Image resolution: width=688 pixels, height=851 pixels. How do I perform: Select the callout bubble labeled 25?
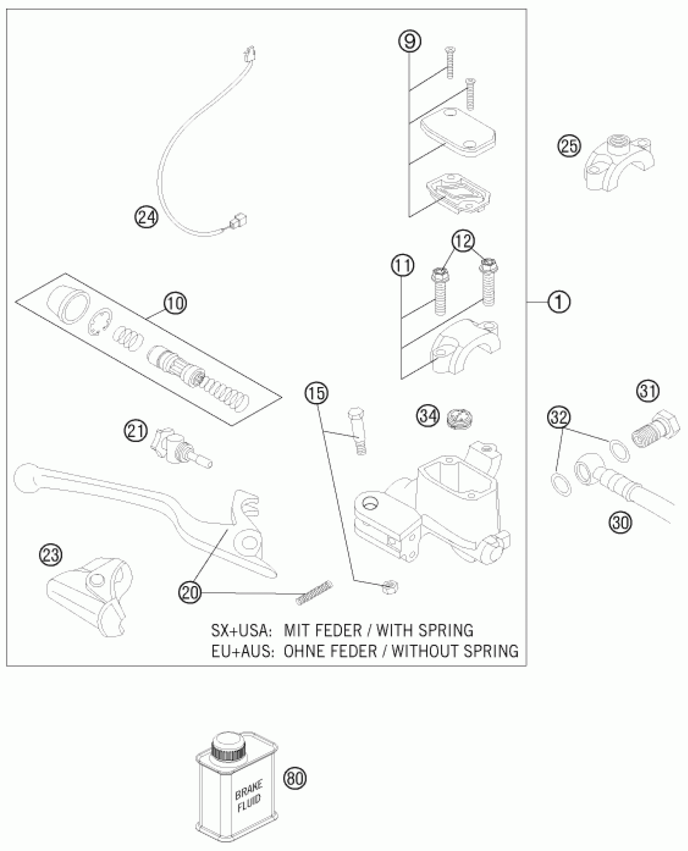pyautogui.click(x=569, y=146)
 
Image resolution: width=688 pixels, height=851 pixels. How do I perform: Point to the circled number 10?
pyautogui.click(x=175, y=303)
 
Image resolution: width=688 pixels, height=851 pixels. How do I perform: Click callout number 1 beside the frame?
pyautogui.click(x=559, y=302)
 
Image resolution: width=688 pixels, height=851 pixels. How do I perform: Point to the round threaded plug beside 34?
pyautogui.click(x=460, y=418)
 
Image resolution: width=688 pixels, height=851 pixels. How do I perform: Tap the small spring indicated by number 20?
pyautogui.click(x=314, y=593)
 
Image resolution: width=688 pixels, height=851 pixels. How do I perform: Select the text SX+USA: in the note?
pyautogui.click(x=240, y=630)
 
